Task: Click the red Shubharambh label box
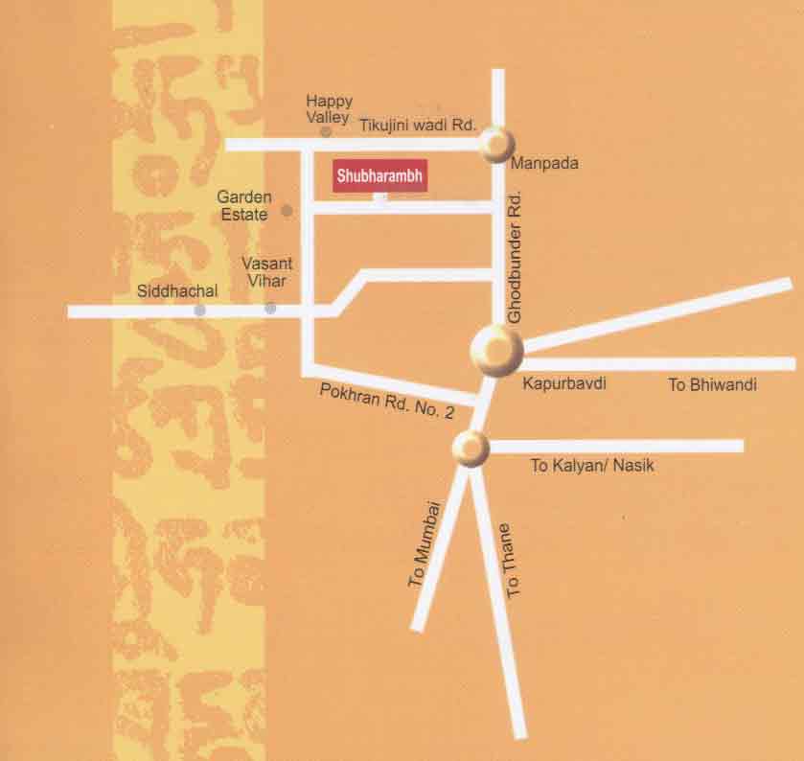tap(379, 176)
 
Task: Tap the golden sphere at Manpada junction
tap(498, 145)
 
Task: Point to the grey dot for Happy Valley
tap(326, 131)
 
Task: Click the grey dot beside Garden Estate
tap(286, 210)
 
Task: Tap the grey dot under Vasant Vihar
tap(270, 308)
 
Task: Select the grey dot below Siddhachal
tap(199, 310)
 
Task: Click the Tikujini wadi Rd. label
tap(419, 125)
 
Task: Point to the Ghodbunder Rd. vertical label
tap(515, 255)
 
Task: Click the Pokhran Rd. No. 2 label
tap(387, 400)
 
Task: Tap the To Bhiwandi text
tap(712, 385)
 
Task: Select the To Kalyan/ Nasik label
tap(592, 466)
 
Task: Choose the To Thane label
tap(510, 561)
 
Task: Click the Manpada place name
tap(544, 164)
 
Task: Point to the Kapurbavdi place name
tap(564, 383)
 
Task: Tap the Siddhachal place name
tap(178, 290)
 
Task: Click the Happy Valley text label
tap(329, 108)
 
